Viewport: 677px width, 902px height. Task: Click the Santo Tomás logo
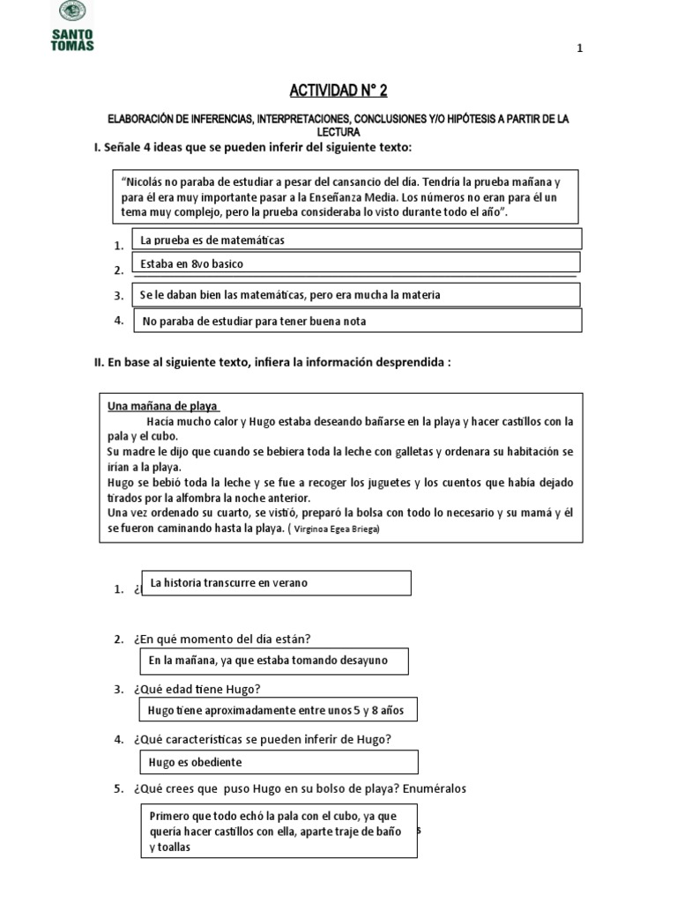(73, 26)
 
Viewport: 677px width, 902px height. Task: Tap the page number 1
(579, 49)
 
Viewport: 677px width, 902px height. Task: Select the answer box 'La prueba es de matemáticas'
(356, 240)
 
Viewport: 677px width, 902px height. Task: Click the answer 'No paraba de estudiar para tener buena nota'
(357, 321)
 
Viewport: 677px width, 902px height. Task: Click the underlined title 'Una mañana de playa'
(162, 406)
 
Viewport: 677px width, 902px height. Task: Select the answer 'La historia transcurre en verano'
(276, 583)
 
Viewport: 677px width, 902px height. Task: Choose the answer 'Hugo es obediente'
(279, 762)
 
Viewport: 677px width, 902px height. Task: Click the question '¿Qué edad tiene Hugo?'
(198, 688)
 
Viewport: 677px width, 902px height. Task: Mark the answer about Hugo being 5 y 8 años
(278, 711)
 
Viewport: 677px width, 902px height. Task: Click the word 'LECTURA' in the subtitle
(338, 130)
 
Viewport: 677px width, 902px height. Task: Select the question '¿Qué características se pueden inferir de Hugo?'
(263, 738)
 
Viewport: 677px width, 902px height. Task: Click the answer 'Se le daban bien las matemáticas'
(356, 295)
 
